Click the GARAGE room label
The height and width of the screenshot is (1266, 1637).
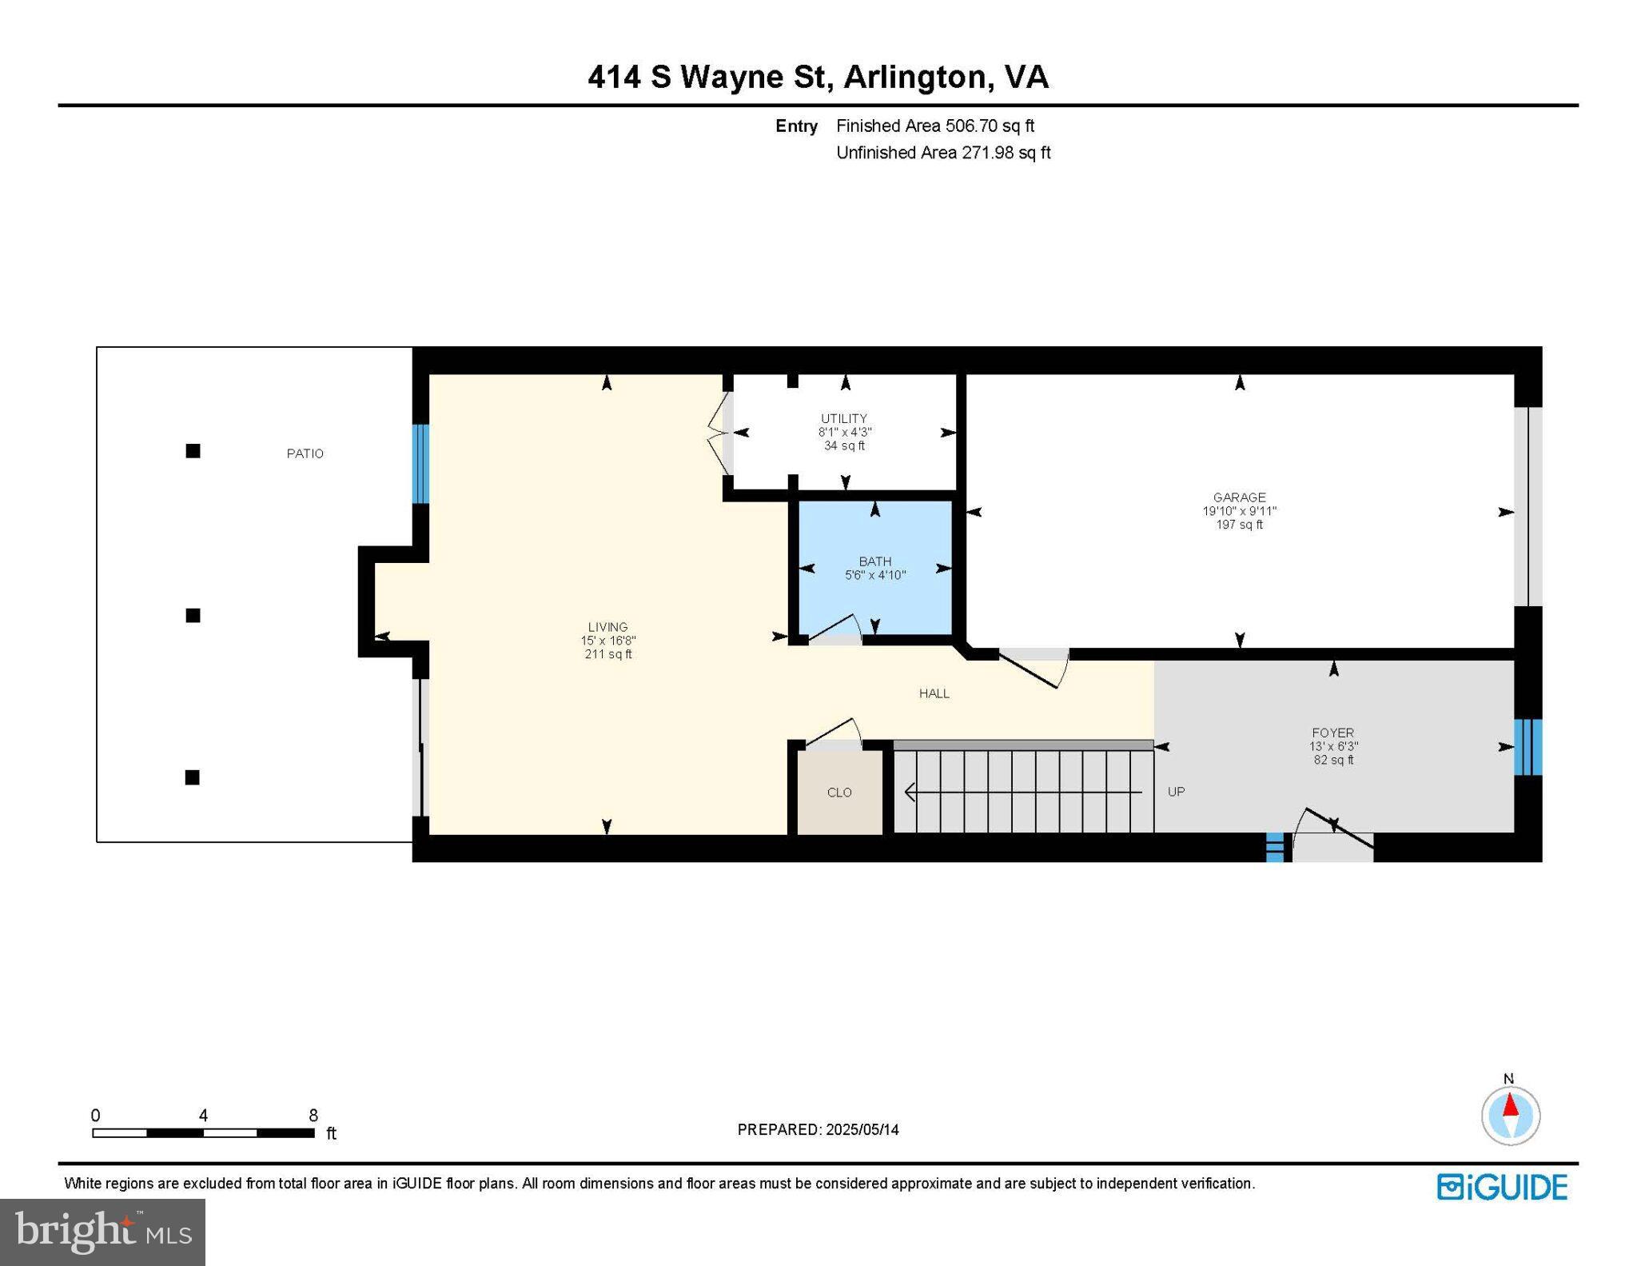(x=1239, y=497)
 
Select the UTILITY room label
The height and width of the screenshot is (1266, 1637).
(x=843, y=418)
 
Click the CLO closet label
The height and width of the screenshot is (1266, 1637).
(x=839, y=792)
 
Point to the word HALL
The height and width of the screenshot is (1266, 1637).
(x=934, y=693)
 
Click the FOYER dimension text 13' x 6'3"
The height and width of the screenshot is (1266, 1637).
(x=1332, y=746)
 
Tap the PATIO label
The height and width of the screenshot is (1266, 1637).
(x=305, y=453)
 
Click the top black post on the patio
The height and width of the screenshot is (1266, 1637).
(x=193, y=451)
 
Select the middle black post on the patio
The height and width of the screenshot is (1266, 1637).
(x=193, y=615)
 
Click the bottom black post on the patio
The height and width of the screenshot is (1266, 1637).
(x=192, y=777)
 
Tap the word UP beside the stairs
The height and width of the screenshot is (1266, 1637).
(x=1176, y=792)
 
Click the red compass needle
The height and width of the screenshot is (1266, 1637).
(x=1510, y=1106)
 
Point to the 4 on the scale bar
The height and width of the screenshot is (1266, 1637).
(x=203, y=1115)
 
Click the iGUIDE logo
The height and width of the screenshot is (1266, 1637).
(x=1502, y=1187)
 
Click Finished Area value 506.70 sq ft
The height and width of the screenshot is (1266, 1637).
(x=990, y=126)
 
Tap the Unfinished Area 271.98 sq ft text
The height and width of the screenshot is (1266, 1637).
(x=942, y=153)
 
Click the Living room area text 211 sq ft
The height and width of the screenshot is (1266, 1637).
(x=607, y=654)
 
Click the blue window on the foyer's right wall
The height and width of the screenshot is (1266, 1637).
(x=1527, y=747)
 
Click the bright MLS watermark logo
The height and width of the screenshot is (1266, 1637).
(x=102, y=1232)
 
